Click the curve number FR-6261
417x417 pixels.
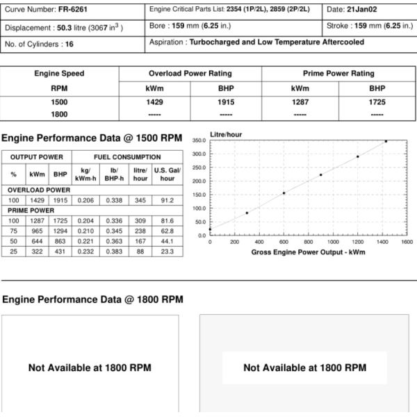click(x=72, y=10)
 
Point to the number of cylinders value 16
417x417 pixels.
click(x=68, y=44)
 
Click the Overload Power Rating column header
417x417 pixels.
click(x=190, y=74)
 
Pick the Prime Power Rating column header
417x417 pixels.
click(x=338, y=74)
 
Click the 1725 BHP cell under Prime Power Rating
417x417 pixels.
click(x=377, y=102)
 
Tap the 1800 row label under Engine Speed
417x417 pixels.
click(x=59, y=114)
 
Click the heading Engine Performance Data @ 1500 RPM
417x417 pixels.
click(x=92, y=138)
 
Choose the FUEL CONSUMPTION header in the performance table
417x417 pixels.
click(x=127, y=158)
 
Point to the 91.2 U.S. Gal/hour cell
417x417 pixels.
click(x=167, y=200)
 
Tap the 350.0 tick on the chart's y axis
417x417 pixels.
click(x=198, y=140)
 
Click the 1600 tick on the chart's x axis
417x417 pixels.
click(x=407, y=242)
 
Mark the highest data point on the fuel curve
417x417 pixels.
click(x=386, y=141)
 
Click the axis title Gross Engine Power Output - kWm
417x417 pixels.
click(x=309, y=252)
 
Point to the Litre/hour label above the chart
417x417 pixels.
click(x=227, y=133)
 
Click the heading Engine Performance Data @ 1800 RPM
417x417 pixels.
click(x=93, y=300)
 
